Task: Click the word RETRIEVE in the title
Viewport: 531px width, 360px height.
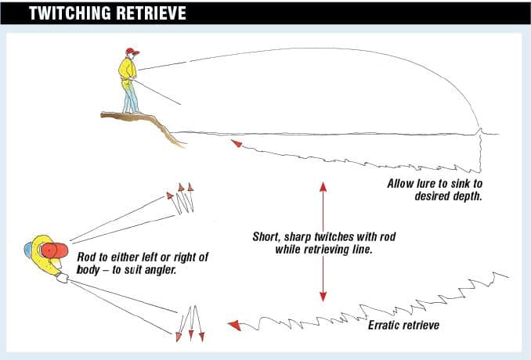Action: pos(154,14)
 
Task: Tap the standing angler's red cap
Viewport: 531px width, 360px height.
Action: pos(132,52)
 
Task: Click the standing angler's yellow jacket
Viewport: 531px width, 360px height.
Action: pos(127,70)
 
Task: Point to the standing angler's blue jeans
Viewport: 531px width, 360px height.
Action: pos(130,98)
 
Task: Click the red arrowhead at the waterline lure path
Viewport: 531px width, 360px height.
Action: pos(234,143)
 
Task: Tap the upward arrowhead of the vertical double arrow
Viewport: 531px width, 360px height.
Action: pos(323,187)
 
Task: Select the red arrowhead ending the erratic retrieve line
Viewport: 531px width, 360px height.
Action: pos(233,325)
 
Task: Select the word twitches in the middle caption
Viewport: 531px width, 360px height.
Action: pos(341,236)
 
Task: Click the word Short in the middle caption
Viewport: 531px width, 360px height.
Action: pos(268,236)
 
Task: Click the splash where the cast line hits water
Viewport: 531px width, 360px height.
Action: pos(480,131)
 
